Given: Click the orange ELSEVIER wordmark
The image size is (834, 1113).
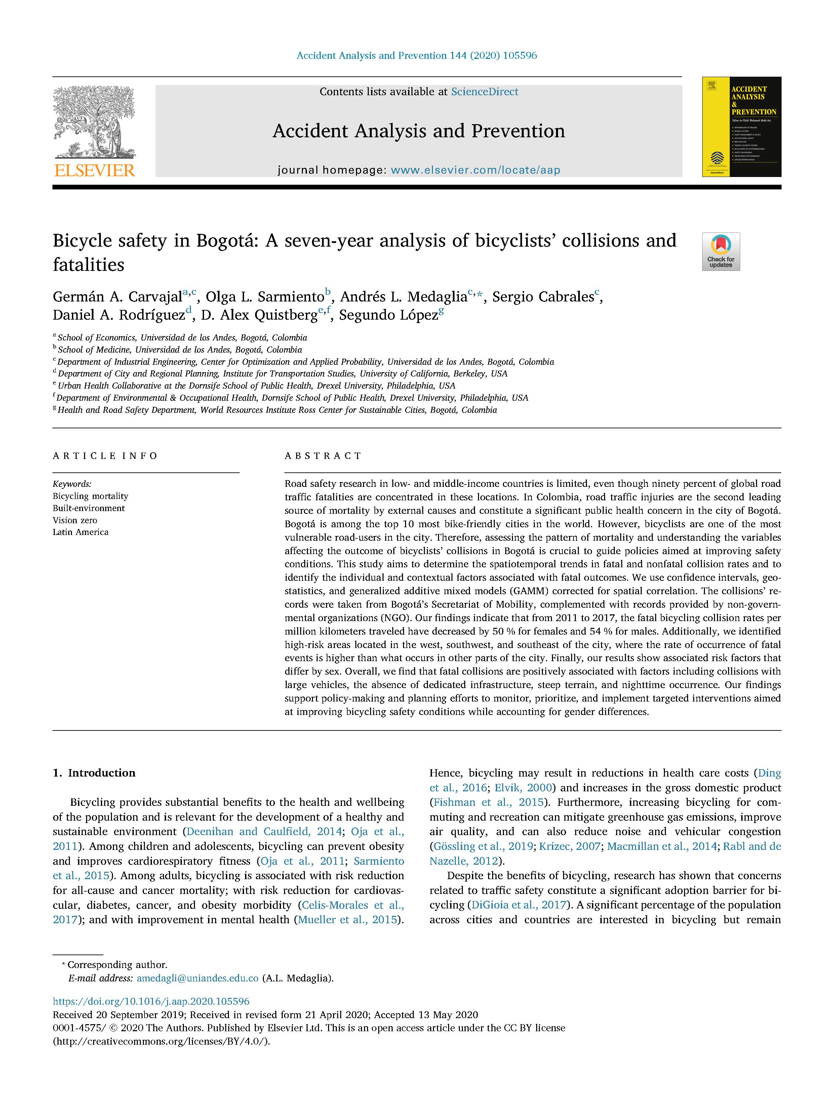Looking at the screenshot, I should [x=94, y=171].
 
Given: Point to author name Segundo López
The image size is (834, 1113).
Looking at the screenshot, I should [x=388, y=315].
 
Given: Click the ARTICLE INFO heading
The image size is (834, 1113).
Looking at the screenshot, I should [x=105, y=456].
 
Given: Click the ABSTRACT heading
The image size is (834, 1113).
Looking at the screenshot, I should [x=323, y=456].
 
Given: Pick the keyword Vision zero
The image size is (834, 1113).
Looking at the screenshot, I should [x=75, y=520].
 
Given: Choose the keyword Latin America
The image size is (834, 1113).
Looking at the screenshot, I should [x=80, y=532].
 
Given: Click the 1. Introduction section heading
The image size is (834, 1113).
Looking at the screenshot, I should [x=94, y=773].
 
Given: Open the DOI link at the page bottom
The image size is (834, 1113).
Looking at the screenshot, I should [x=151, y=1001].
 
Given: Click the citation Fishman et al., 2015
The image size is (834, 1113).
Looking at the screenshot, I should [x=488, y=802].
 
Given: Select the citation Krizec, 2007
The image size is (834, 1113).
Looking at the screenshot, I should [x=569, y=846].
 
